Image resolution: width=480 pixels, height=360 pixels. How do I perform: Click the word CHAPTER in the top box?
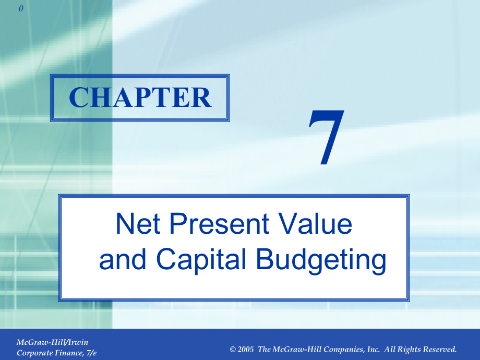(140, 98)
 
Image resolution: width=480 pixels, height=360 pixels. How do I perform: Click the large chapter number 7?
(326, 137)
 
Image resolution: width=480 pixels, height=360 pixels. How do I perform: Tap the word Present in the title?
(219, 223)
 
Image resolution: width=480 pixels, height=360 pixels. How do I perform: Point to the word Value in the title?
(315, 223)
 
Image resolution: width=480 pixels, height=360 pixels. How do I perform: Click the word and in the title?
(123, 259)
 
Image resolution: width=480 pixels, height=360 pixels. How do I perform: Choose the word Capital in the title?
(201, 260)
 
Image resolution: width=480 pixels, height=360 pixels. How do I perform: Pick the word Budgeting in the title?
(321, 261)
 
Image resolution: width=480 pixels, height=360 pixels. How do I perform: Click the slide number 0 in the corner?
(21, 8)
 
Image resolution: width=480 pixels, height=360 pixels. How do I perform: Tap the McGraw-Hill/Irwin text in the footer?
(52, 342)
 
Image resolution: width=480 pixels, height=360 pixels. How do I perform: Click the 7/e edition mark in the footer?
(91, 353)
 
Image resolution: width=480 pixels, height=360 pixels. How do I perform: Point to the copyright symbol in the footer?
(233, 350)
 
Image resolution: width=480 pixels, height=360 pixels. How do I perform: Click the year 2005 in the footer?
(246, 349)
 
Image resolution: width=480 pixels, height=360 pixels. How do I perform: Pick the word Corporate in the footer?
(35, 353)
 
